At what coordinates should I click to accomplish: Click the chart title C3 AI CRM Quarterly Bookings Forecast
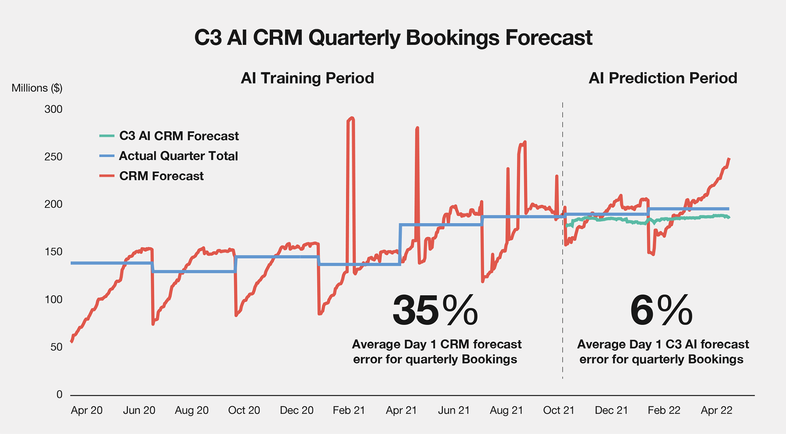393,38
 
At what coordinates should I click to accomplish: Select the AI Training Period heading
307,78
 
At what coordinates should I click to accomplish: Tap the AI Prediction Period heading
663,78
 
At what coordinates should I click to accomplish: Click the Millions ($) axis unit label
37,88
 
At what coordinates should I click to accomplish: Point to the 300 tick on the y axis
53,109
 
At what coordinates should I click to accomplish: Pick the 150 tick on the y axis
53,252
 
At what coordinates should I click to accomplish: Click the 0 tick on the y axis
59,394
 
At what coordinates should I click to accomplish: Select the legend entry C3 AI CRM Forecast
179,136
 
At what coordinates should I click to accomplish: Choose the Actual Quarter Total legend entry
178,156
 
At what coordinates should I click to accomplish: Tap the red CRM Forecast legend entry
161,176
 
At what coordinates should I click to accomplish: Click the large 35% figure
435,311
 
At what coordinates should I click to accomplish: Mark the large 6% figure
661,311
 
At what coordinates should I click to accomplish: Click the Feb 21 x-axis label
349,410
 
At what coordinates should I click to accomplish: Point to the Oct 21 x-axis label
558,410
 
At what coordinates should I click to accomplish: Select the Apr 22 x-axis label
716,410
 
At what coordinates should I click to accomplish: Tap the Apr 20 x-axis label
86,410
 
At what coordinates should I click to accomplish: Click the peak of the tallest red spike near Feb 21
351,118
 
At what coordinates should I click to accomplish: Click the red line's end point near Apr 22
729,159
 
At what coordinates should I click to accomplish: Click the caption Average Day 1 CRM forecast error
436,344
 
